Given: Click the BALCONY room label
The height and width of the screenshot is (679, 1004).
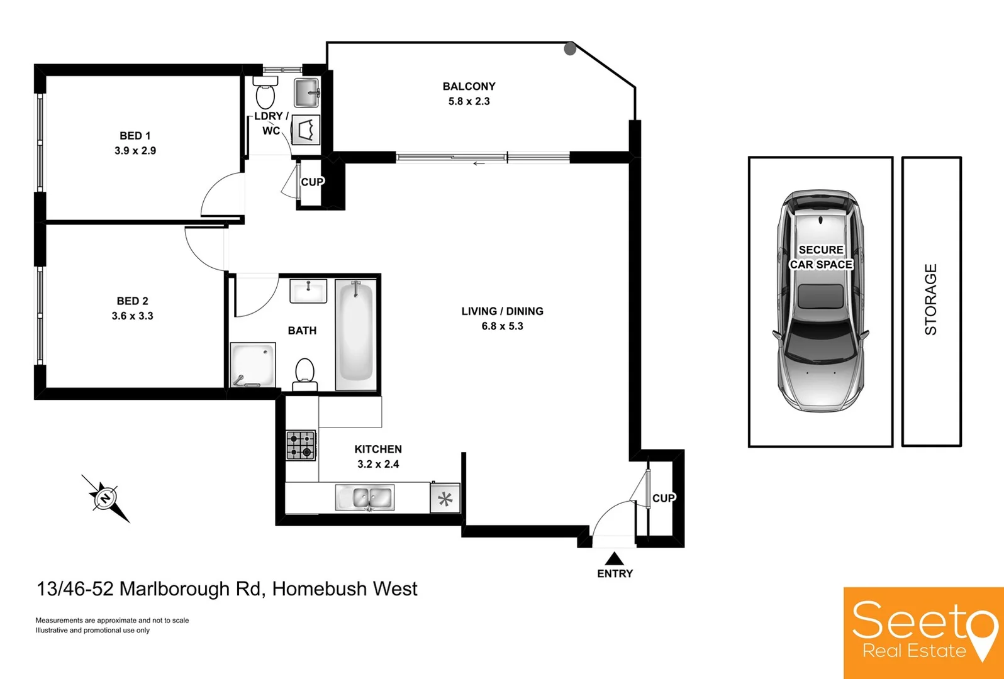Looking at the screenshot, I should (469, 86).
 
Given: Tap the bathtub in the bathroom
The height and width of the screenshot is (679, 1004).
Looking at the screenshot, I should (355, 333).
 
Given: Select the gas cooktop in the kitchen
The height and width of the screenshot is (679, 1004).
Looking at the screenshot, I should (301, 445).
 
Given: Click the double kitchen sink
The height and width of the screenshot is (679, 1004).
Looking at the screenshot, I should (365, 498).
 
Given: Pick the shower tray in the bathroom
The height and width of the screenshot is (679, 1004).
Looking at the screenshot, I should (253, 365).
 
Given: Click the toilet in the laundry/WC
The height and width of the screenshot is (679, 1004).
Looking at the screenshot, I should (265, 94).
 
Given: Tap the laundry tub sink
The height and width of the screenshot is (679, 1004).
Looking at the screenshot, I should (307, 92).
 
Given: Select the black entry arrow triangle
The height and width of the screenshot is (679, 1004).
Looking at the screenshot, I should (615, 558).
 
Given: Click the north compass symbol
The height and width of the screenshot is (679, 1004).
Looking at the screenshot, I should (105, 498).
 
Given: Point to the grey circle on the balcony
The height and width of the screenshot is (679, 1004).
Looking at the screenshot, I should (570, 48).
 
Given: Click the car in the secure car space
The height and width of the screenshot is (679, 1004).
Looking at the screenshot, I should (820, 302).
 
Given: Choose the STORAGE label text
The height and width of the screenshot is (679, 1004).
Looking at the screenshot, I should (931, 299).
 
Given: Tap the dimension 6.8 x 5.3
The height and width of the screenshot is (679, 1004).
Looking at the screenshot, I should (502, 326).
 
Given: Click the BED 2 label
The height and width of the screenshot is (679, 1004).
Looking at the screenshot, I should (132, 301).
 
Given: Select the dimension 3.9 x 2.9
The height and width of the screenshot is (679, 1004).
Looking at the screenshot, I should (135, 151).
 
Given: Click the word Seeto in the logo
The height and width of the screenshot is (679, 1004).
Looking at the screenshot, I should (918, 621).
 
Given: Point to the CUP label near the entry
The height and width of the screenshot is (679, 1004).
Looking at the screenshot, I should (664, 498).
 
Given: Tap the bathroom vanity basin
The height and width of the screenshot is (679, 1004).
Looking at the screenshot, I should (308, 292).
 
